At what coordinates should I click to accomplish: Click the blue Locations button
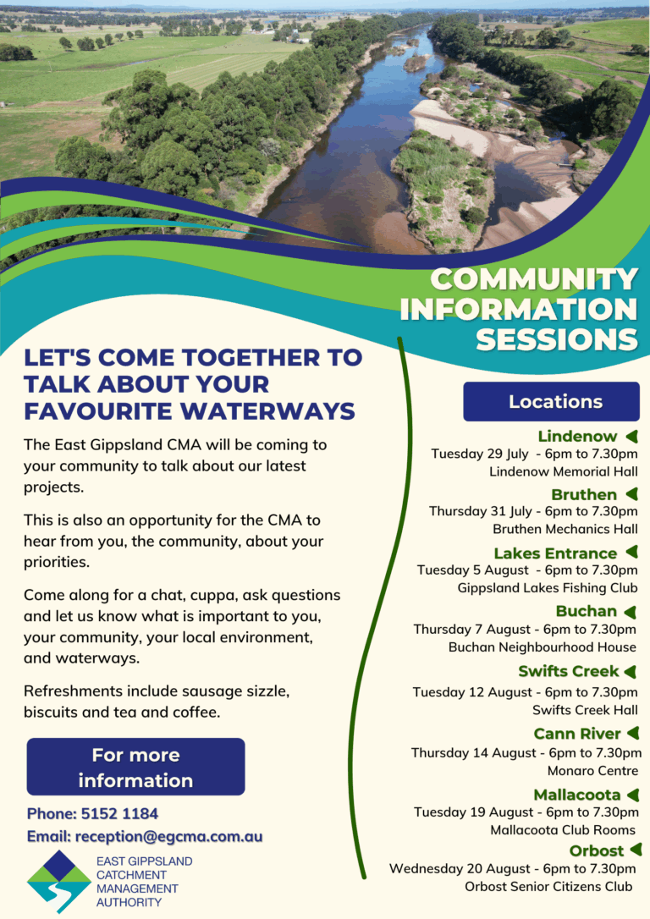tap(551, 401)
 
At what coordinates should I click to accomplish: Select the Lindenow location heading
tap(578, 437)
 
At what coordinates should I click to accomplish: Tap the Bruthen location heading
tap(584, 494)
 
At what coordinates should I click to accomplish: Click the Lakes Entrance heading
tap(555, 553)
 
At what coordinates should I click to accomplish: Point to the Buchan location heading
tap(587, 611)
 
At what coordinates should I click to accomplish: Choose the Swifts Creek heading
tap(569, 671)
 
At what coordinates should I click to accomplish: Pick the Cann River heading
tap(577, 733)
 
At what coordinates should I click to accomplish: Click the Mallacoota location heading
tap(577, 795)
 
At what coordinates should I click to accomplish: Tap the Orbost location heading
tap(597, 850)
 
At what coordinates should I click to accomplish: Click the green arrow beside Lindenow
tap(631, 437)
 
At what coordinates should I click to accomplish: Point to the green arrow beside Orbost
tap(636, 850)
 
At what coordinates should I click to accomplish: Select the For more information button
tap(135, 767)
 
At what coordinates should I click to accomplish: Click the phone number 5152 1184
tap(119, 814)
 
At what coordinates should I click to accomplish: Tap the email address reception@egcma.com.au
tap(168, 836)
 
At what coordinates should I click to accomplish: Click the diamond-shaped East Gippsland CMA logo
tap(58, 882)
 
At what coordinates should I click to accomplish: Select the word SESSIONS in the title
tap(556, 338)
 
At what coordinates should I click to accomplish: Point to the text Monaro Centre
tap(592, 771)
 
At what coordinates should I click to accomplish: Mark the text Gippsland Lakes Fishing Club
tap(548, 587)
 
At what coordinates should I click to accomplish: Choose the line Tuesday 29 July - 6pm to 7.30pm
tap(534, 454)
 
